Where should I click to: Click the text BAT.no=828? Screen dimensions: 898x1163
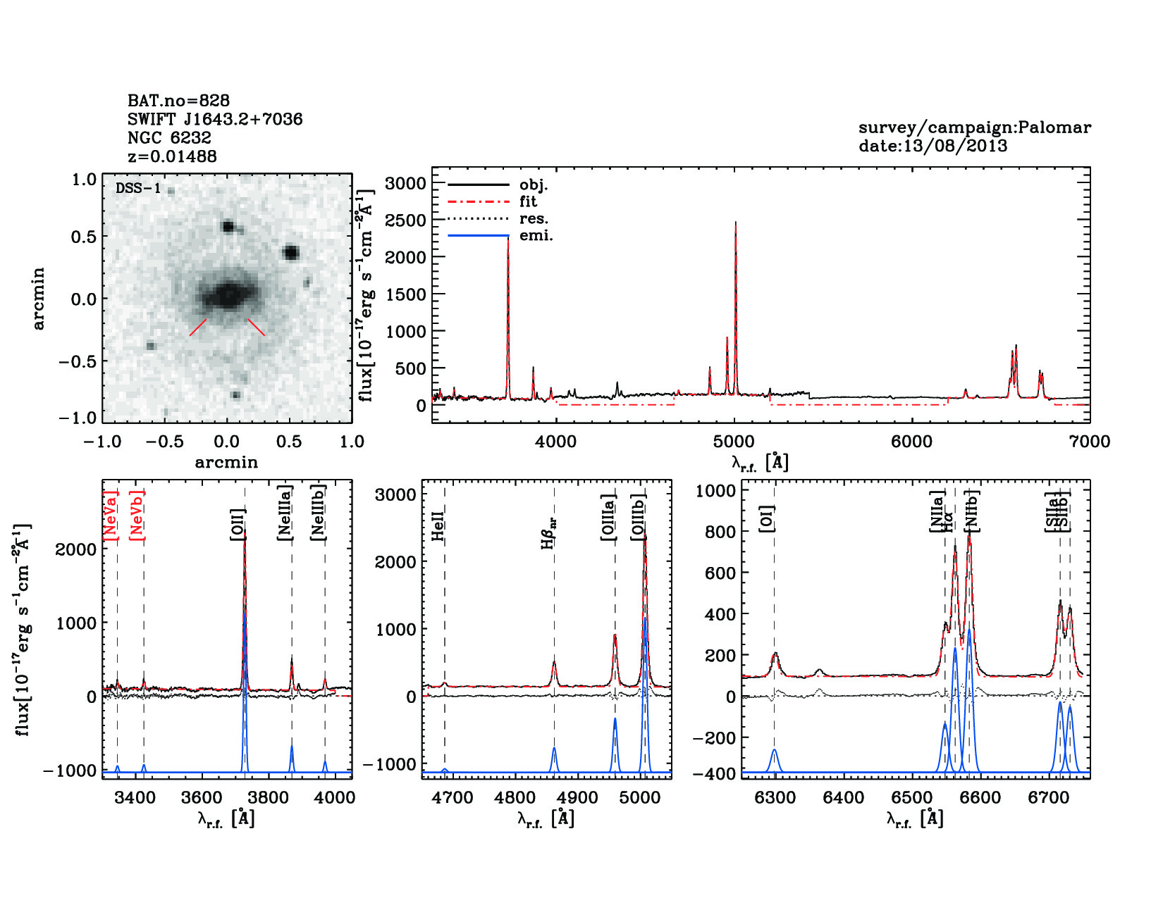click(x=178, y=101)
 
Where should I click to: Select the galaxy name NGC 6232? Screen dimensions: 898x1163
click(x=169, y=137)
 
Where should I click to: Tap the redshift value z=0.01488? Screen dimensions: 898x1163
click(x=172, y=156)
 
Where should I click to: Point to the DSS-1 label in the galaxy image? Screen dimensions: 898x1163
click(x=138, y=188)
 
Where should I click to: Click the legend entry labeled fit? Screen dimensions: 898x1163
click(x=528, y=201)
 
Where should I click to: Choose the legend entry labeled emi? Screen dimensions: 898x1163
click(x=536, y=235)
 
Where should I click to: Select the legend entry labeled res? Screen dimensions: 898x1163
click(x=534, y=218)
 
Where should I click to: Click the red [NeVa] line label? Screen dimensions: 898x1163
click(x=111, y=515)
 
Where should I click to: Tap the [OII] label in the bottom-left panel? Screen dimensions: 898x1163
click(x=238, y=525)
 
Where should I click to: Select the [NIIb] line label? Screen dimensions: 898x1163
click(x=973, y=510)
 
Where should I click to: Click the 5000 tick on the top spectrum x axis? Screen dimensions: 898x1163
click(x=734, y=442)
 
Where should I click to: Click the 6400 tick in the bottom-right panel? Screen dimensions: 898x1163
click(x=844, y=797)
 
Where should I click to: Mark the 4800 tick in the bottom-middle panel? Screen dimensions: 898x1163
click(x=515, y=797)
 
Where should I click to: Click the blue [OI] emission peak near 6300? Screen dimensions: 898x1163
click(x=775, y=751)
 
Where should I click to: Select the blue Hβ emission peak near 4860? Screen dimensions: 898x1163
click(x=554, y=749)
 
